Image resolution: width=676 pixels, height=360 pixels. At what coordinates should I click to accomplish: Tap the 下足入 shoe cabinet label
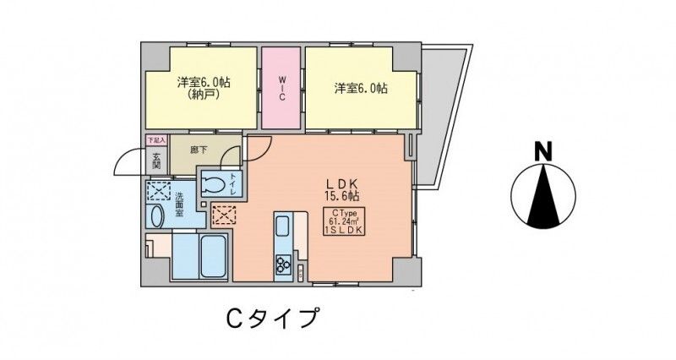click(156, 139)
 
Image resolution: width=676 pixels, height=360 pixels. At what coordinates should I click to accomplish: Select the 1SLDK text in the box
click(344, 231)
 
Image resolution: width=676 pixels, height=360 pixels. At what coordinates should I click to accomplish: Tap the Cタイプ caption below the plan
click(271, 319)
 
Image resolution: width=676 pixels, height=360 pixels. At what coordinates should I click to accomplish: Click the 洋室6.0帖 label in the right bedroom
click(360, 88)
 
